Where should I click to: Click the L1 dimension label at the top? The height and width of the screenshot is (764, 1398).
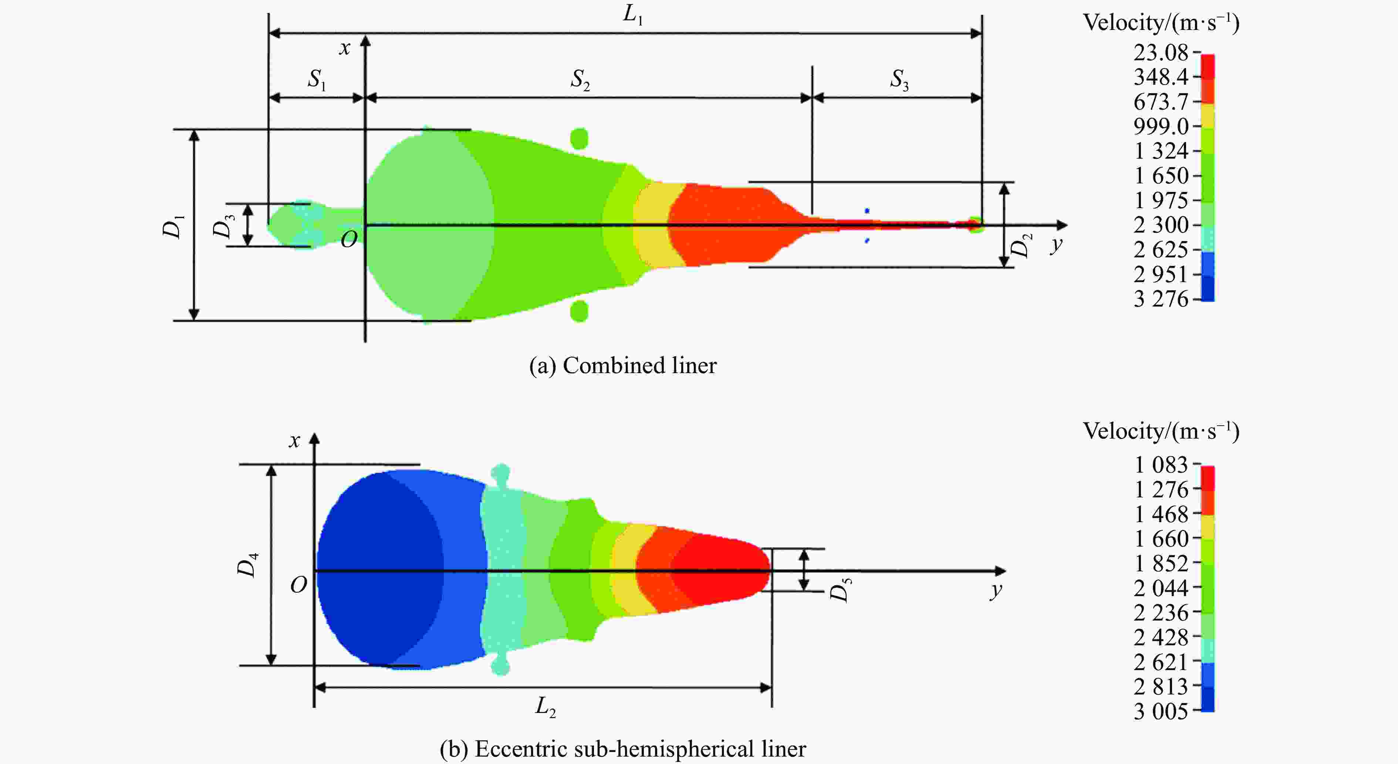coord(633,15)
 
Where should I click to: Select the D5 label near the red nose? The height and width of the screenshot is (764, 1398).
coord(840,590)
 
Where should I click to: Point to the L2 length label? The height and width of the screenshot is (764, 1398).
coord(546,707)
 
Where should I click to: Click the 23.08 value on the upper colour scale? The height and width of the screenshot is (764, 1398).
coord(1161,53)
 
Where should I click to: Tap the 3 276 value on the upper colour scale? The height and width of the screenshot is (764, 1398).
coord(1161,299)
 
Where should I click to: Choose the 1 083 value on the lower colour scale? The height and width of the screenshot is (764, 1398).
coord(1161,464)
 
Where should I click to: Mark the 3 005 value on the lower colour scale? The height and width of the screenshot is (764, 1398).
coord(1161,711)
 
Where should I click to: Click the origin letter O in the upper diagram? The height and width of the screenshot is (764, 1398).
coord(349,239)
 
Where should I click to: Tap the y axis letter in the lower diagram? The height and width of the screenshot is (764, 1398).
coord(996,590)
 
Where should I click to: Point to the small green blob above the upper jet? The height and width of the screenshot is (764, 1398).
coord(580,138)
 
